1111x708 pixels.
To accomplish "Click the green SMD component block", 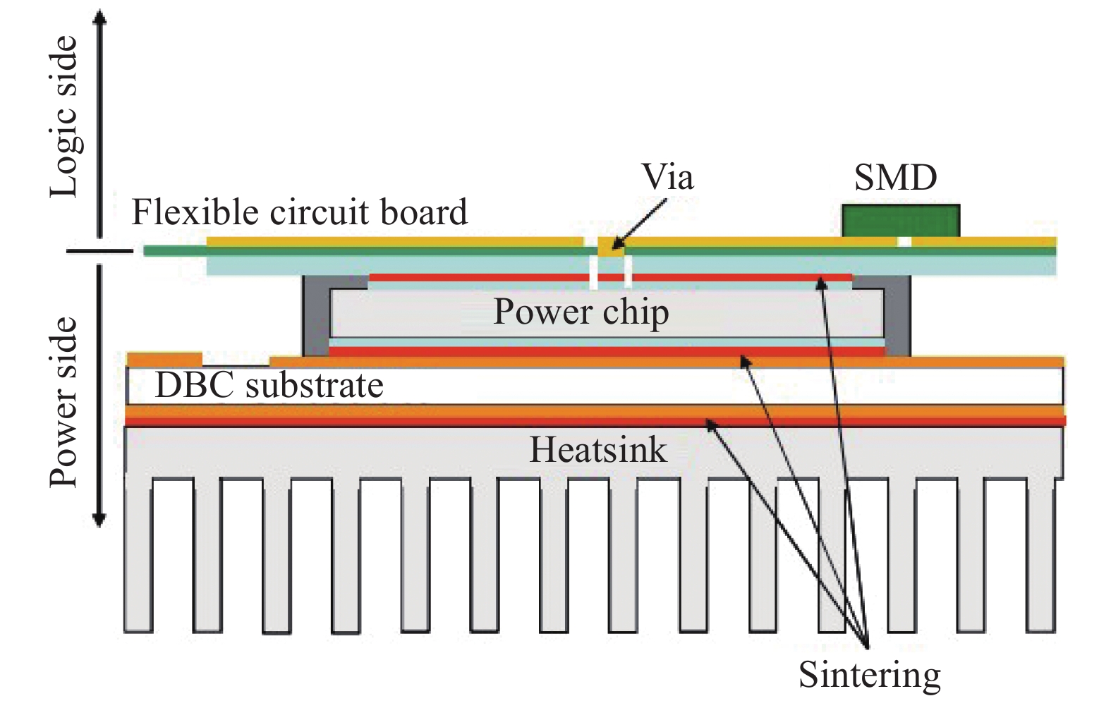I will tap(901, 220).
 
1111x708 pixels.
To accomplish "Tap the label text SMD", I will tap(895, 178).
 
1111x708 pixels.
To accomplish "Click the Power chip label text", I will tap(581, 312).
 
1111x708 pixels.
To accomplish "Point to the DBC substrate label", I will tap(269, 386).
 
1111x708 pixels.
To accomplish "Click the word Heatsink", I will tap(597, 450).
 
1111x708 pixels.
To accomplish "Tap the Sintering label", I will tap(869, 675).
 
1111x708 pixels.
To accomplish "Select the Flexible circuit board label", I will tap(299, 212).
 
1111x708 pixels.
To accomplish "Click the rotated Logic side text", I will tap(64, 117).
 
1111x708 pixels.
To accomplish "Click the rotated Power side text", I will tap(64, 402).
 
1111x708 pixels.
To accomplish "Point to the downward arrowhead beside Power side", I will tap(99, 520).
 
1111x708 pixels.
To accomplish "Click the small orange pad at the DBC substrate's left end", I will tap(164, 358).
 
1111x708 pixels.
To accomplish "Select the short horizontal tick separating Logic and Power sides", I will tap(99, 251).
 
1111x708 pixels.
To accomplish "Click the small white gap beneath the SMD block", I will tap(904, 242).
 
